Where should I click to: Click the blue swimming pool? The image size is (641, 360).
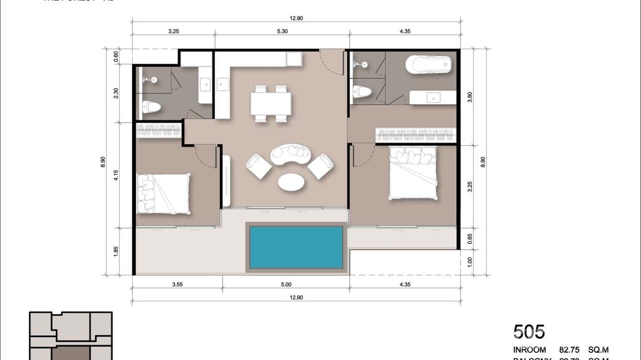[296, 247]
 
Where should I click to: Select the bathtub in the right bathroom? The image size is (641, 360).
[428, 64]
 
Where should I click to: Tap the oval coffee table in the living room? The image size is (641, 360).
[290, 182]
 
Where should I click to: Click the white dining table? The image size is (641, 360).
[271, 103]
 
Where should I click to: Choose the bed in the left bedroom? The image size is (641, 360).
[163, 193]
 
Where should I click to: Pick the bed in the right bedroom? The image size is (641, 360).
[413, 173]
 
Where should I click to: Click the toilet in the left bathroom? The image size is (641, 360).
[151, 107]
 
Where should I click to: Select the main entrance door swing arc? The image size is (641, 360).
[331, 62]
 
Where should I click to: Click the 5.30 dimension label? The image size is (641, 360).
[282, 32]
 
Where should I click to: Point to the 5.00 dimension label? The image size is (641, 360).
[286, 285]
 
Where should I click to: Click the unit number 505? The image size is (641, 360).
[529, 331]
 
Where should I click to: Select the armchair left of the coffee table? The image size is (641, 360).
[258, 166]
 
